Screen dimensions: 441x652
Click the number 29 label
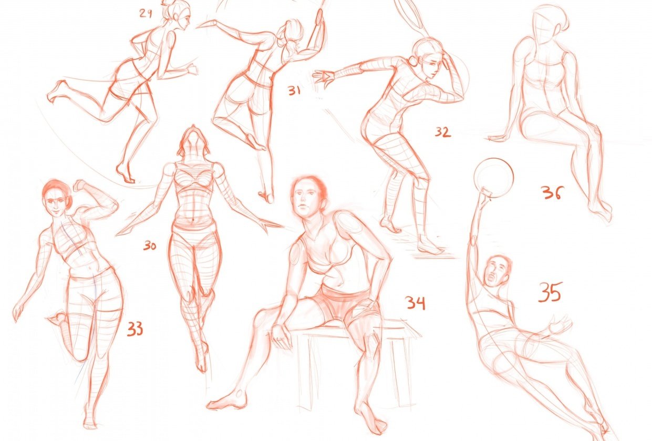(x=146, y=14)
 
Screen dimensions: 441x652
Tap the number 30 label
(x=150, y=245)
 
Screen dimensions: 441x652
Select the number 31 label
(x=294, y=91)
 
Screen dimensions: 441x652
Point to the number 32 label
(x=442, y=132)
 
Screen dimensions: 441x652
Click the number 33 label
(x=134, y=330)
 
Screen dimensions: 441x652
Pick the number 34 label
(x=415, y=303)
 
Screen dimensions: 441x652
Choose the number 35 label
(x=550, y=292)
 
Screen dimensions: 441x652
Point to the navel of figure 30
(x=193, y=220)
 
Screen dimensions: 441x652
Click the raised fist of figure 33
(x=79, y=185)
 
